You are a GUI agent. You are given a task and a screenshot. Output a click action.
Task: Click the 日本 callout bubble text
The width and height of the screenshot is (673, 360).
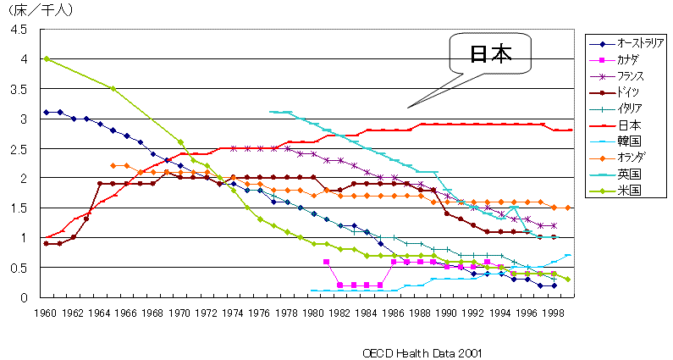491,54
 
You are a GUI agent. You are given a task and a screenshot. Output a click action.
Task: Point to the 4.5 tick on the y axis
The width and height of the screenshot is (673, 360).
19,30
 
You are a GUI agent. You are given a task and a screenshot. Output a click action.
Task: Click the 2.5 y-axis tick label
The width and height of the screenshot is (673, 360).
19,149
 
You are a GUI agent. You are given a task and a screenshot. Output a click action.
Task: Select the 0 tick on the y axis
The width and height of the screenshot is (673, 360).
25,297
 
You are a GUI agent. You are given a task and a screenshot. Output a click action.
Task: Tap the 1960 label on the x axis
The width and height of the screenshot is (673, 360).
47,313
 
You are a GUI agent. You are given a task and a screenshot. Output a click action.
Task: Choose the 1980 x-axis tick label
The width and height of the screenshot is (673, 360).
313,313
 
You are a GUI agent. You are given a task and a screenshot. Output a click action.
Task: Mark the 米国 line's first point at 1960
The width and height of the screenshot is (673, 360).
47,58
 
